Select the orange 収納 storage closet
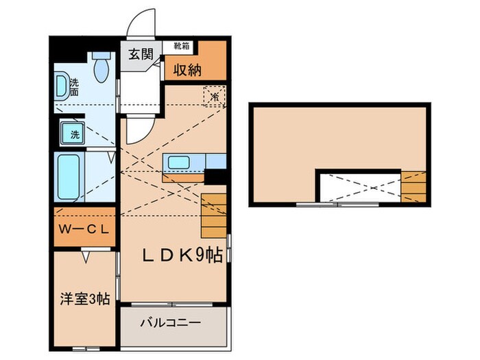click(195, 68)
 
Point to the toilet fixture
click(102, 67)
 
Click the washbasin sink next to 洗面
click(62, 85)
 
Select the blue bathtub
click(71, 176)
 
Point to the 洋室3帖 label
click(83, 298)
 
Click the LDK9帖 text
click(181, 256)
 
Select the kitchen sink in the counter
click(180, 163)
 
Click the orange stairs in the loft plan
click(413, 185)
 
